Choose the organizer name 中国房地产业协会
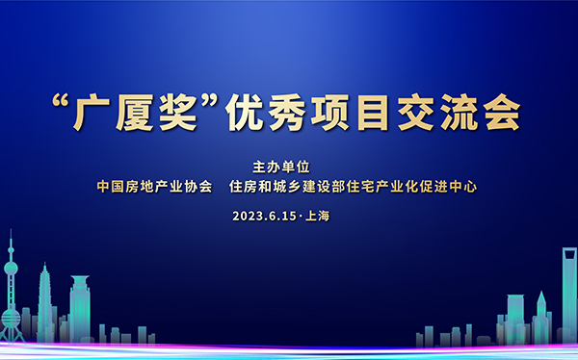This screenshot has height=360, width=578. (154, 187)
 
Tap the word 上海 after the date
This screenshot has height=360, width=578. (317, 216)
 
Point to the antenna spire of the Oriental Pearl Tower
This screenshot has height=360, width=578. (12, 241)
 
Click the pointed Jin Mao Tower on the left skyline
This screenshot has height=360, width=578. (44, 298)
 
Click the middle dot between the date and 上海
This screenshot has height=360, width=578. (300, 216)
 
